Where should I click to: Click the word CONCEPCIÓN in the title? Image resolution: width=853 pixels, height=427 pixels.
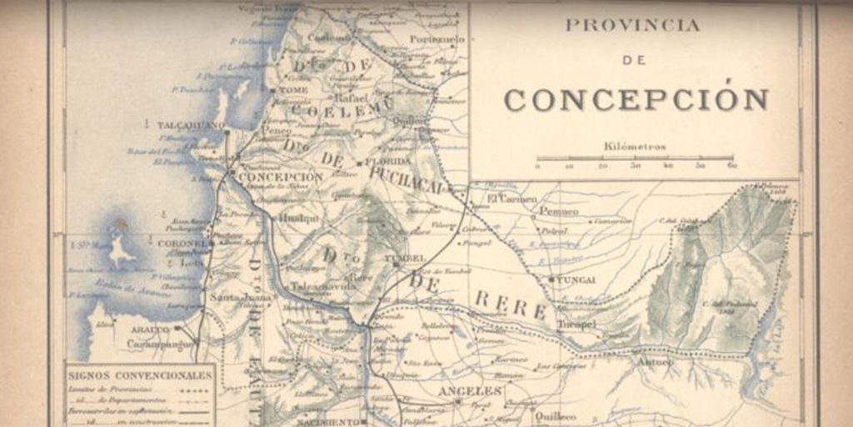[636, 99]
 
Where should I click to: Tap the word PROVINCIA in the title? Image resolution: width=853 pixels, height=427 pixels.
[632, 25]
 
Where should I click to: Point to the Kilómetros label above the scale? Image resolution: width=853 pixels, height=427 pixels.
[635, 146]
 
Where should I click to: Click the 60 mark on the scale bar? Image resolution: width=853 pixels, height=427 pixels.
[732, 166]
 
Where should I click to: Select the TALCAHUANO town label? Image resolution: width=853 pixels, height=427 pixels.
[191, 125]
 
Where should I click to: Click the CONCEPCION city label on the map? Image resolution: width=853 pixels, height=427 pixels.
[281, 178]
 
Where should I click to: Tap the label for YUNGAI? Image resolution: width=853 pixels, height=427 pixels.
[576, 279]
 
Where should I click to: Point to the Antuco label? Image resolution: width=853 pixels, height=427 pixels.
[656, 363]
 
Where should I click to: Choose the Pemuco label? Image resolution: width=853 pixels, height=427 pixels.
[558, 212]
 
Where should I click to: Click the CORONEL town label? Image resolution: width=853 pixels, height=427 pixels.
[181, 244]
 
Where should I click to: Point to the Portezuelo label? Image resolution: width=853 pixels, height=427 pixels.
[436, 39]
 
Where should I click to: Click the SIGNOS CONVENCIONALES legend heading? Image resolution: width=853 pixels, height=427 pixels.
[140, 375]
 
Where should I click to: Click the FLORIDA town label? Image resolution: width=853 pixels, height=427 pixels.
[388, 161]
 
